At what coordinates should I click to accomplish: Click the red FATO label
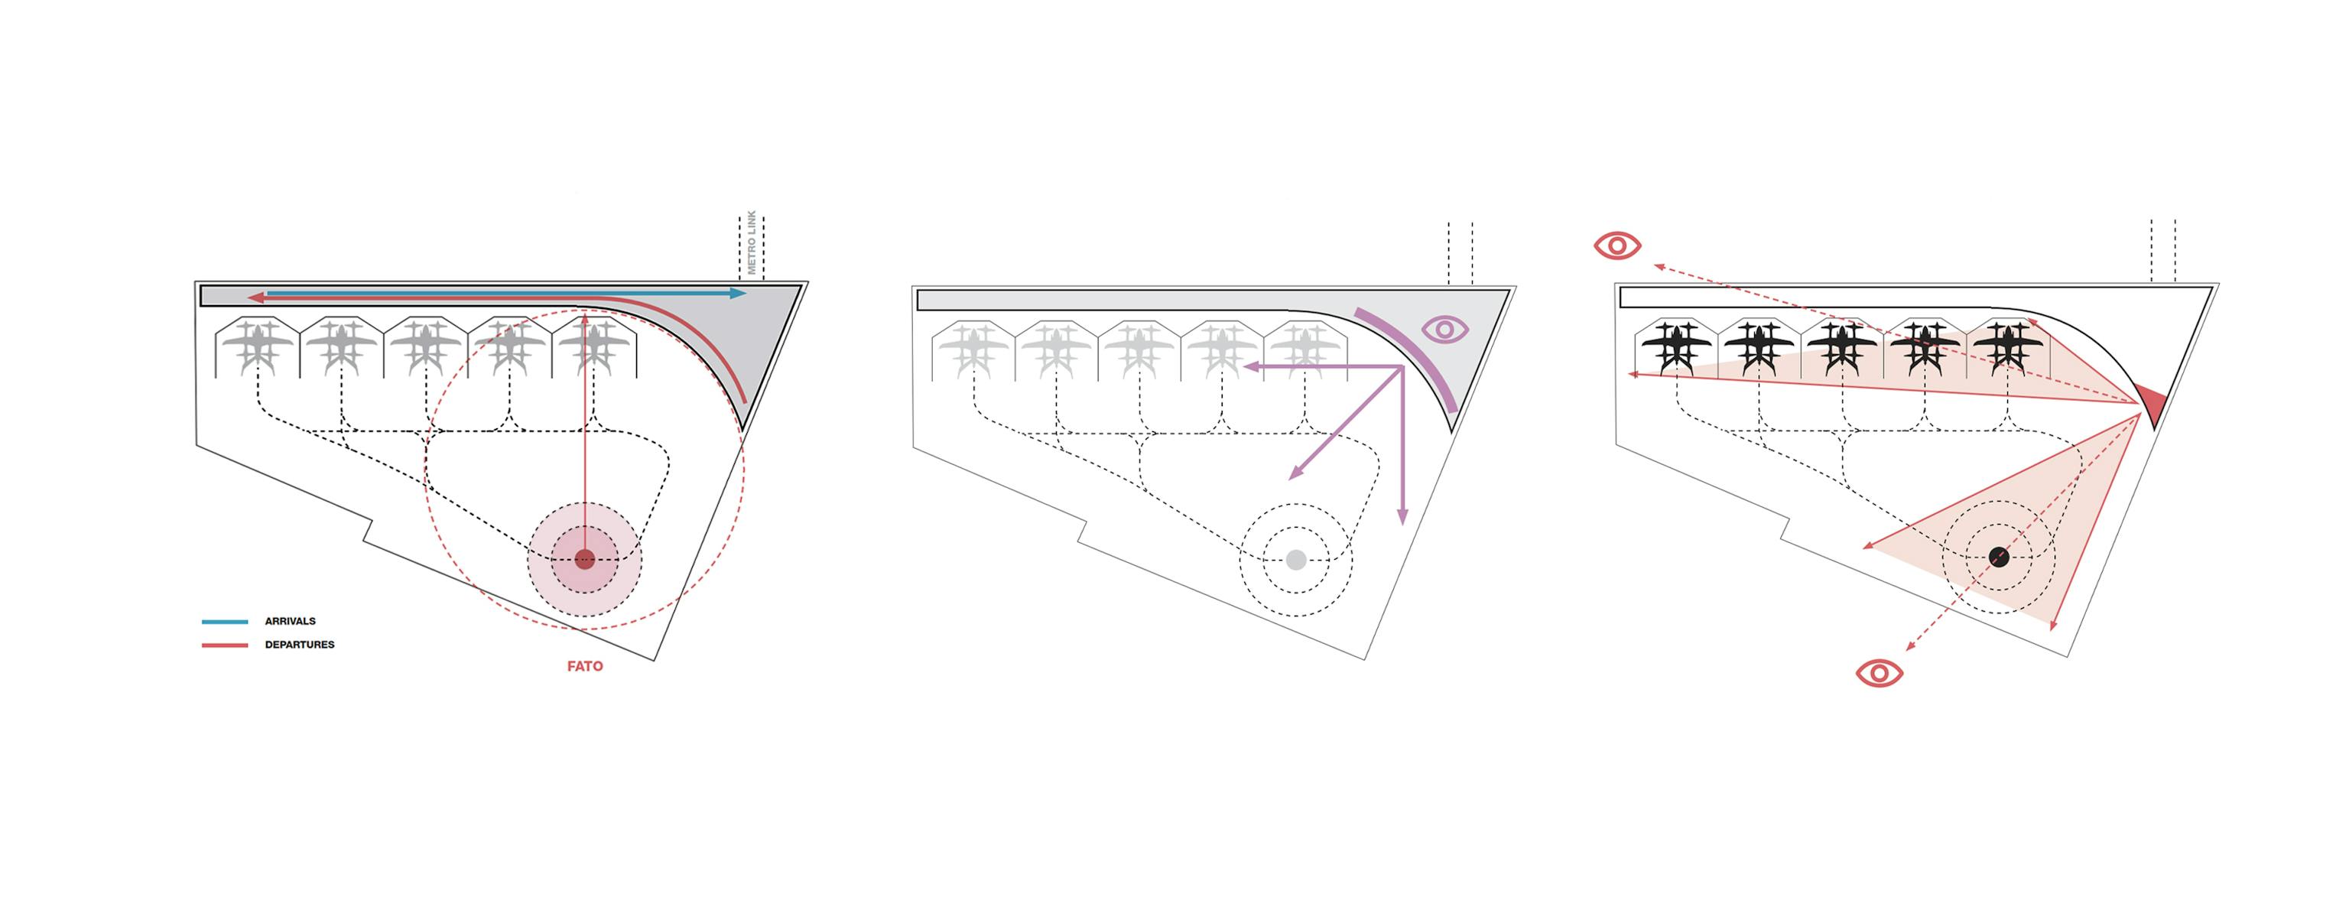[x=584, y=666]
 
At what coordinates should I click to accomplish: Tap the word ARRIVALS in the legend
[x=290, y=622]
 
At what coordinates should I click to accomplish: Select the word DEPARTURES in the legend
[x=299, y=645]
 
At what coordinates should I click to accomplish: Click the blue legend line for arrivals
[x=224, y=622]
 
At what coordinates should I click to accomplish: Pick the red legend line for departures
[x=224, y=645]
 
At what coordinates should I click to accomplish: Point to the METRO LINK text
[x=752, y=242]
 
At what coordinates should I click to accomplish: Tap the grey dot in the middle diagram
[x=1296, y=560]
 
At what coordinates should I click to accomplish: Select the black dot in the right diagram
[x=1999, y=557]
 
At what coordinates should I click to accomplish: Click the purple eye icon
[x=1444, y=329]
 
